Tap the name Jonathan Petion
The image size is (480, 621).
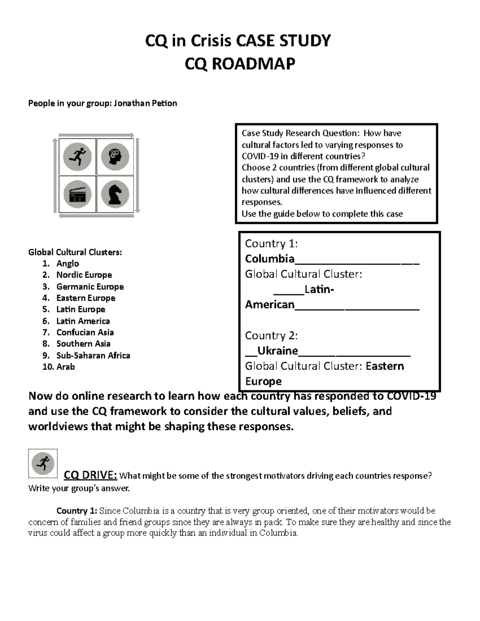145,103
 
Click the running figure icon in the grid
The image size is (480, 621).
77,157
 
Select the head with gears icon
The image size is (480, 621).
115,157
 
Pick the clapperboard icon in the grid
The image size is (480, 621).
77,194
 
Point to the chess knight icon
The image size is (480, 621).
115,194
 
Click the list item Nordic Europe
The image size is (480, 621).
84,275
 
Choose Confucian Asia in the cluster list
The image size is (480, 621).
85,332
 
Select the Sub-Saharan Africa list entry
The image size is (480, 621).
93,355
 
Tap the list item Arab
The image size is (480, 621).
66,367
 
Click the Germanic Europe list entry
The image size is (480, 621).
90,287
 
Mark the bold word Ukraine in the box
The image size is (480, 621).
278,351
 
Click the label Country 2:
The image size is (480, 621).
271,335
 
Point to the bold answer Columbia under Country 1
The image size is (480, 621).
270,259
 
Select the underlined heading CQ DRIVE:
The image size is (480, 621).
90,475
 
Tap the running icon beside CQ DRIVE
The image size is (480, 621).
43,463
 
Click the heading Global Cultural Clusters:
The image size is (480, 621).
75,252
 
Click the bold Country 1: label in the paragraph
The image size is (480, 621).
77,511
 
